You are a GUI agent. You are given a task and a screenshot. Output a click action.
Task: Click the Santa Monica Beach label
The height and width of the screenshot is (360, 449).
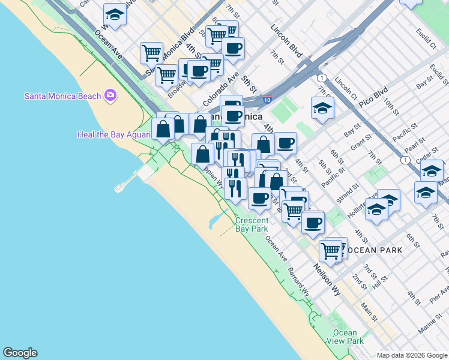(62, 96)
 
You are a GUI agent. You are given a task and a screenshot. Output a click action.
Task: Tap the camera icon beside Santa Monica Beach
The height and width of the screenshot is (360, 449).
(110, 95)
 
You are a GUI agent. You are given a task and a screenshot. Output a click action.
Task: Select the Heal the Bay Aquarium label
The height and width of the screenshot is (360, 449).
(113, 134)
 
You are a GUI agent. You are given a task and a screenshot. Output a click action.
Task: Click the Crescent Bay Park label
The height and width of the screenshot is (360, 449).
(252, 224)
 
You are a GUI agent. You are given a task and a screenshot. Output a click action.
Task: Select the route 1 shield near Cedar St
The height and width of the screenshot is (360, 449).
(406, 160)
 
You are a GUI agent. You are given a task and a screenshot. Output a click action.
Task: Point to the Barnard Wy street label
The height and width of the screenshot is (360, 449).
(298, 283)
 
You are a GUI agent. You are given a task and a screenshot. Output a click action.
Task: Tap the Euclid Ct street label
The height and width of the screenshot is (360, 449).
(426, 37)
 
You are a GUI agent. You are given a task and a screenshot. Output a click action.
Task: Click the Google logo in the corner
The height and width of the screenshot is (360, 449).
(20, 353)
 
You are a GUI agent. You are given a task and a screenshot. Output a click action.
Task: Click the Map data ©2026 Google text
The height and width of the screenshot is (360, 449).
(411, 355)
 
